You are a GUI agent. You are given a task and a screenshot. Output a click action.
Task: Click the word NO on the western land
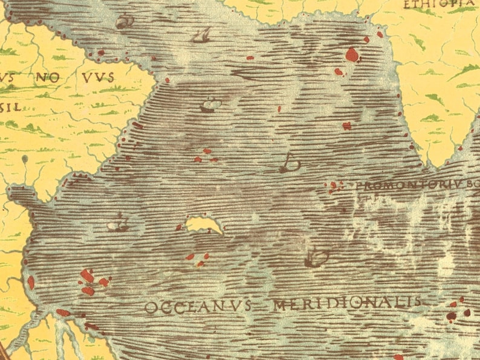pos(47,77)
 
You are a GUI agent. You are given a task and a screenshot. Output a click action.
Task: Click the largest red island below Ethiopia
pos(352,55)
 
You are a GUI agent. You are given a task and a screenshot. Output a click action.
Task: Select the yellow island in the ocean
pos(204,225)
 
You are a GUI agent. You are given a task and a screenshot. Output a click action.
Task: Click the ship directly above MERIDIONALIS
pos(316,259)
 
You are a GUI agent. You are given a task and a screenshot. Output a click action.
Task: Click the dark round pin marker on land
pos(24,159)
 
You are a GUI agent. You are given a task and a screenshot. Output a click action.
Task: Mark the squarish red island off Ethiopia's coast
pos(346,126)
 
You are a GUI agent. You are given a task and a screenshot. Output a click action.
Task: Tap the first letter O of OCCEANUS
pos(150,308)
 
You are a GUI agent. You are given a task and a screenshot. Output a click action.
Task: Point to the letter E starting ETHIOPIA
pos(407,5)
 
